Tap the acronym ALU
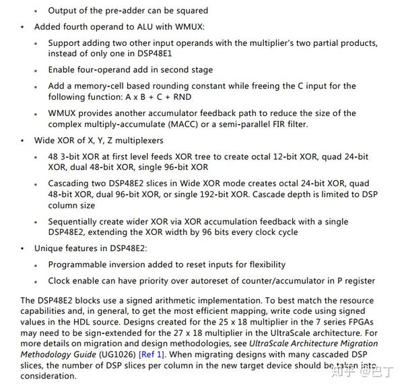pos(137,27)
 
